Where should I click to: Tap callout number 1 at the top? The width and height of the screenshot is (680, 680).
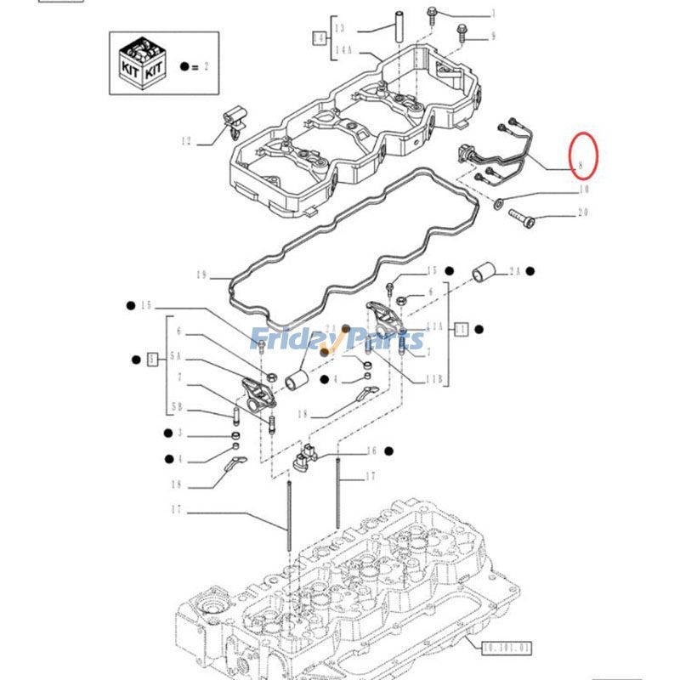click(490, 14)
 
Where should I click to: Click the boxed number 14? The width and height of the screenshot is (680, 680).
click(319, 38)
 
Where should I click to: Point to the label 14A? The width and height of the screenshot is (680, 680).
click(343, 53)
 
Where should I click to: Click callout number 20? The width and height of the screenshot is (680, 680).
click(583, 212)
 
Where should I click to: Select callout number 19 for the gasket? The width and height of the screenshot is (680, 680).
click(201, 275)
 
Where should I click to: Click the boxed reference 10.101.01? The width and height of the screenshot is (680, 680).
click(507, 649)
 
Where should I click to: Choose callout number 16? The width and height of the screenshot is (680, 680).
click(371, 451)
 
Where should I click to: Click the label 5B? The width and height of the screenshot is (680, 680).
click(176, 408)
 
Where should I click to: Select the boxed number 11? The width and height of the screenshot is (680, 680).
click(461, 328)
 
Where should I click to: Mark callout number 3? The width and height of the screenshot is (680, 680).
click(179, 433)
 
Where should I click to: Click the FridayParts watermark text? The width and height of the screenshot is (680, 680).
click(337, 340)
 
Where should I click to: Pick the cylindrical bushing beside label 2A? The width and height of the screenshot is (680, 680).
click(484, 272)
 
